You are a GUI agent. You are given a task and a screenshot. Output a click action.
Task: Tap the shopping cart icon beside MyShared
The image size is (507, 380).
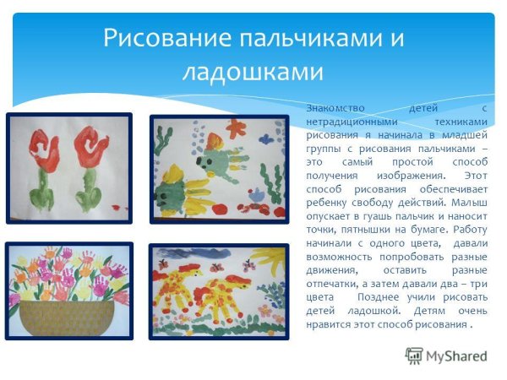pos(414,354)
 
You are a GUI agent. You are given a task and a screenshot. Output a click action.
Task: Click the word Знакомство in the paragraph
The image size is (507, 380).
pos(334,109)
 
